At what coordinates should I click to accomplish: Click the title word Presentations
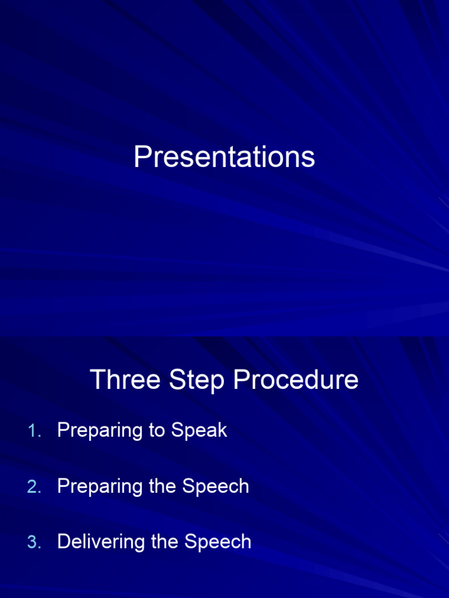tap(224, 157)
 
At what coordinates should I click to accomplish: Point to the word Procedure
tap(296, 380)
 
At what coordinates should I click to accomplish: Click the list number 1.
tap(33, 431)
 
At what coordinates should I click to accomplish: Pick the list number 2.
tap(33, 487)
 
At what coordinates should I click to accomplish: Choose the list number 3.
tap(33, 543)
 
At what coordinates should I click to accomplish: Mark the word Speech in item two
tap(215, 486)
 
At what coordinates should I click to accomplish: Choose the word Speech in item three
tap(218, 542)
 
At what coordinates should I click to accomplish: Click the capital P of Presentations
tap(141, 157)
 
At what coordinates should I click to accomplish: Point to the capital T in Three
tap(98, 380)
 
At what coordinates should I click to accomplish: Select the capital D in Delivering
tap(63, 542)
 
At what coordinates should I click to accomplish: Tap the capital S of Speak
tap(177, 431)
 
